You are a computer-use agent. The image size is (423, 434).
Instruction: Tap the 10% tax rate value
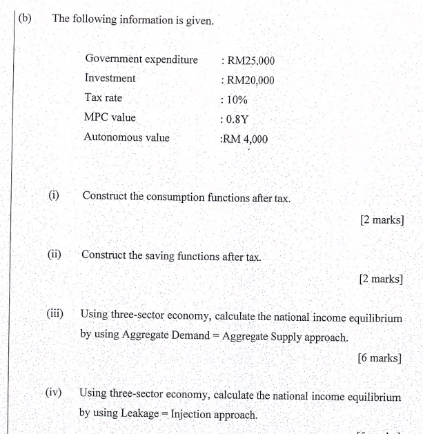coord(237,100)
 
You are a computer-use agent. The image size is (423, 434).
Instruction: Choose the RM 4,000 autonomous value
coord(246,139)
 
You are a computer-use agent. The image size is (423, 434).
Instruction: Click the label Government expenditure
coord(141,59)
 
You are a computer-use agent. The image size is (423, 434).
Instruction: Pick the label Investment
coord(110,79)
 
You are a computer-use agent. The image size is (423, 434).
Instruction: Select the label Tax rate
coord(104,98)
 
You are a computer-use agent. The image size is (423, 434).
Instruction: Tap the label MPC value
coord(110,117)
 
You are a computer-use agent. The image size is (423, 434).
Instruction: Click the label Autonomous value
coord(126,137)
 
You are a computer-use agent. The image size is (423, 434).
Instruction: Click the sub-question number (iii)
coord(55,314)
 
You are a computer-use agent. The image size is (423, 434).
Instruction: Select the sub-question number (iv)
coord(54,393)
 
